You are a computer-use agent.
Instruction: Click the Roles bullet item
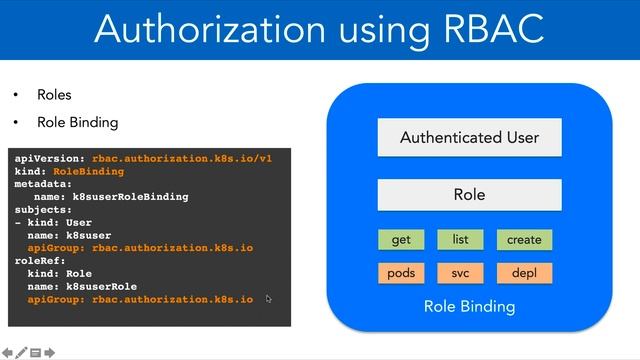point(54,95)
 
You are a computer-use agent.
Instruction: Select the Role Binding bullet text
point(77,122)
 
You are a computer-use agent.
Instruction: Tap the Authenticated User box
point(469,137)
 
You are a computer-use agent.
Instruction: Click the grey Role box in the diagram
point(469,195)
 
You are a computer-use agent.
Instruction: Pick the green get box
point(401,240)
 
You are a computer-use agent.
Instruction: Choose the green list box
point(460,240)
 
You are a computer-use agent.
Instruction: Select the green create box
point(524,240)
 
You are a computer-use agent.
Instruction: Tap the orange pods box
point(401,273)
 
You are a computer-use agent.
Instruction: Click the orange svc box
point(460,273)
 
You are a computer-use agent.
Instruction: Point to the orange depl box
point(524,273)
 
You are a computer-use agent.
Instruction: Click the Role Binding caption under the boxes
point(469,306)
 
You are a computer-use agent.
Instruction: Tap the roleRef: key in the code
point(43,261)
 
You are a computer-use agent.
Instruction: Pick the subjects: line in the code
point(46,210)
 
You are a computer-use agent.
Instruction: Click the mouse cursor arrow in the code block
point(269,298)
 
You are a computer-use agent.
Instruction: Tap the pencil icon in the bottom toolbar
point(21,352)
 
